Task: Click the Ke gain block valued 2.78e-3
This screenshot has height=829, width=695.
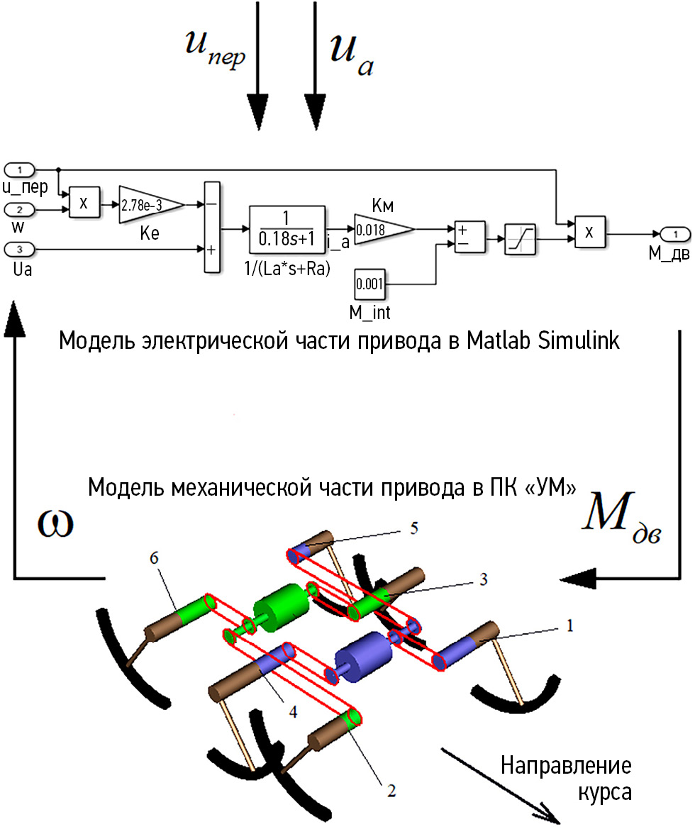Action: click(x=150, y=204)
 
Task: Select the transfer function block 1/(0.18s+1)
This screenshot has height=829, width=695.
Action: click(x=287, y=229)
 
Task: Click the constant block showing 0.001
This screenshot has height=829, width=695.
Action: click(x=369, y=285)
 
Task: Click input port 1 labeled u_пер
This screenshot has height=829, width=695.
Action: click(x=21, y=169)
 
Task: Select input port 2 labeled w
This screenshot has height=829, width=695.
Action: click(x=21, y=209)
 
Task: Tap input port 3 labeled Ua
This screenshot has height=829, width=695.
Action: click(x=21, y=249)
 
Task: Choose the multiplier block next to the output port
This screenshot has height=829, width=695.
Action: click(x=589, y=233)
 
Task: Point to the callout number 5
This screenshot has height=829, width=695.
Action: click(x=415, y=529)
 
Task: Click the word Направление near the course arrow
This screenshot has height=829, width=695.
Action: click(x=565, y=767)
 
